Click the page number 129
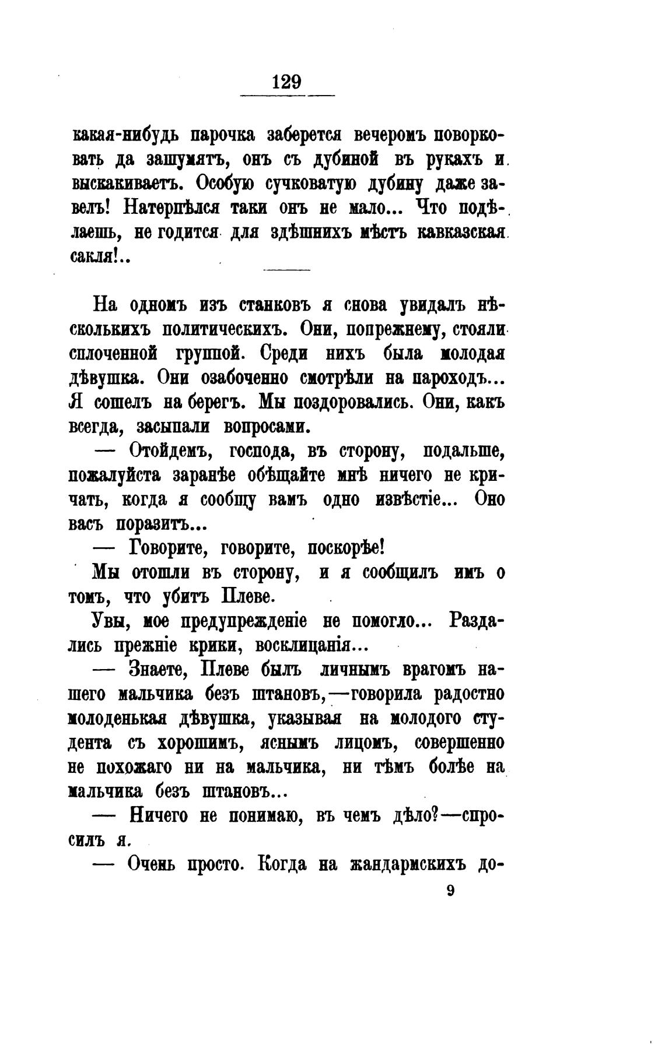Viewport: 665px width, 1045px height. pos(286,81)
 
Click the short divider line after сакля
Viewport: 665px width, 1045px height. pos(287,269)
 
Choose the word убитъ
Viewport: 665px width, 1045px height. pos(184,597)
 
